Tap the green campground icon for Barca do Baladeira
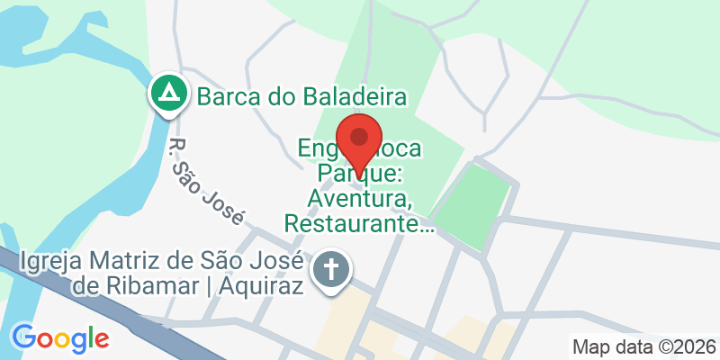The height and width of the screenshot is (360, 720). [x=168, y=93]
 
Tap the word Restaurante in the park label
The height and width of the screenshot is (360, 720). [x=359, y=221]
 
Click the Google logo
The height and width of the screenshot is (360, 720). [x=60, y=338]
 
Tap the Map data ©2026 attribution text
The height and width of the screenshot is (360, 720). [x=643, y=346]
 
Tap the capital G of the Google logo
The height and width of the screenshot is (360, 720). [x=23, y=337]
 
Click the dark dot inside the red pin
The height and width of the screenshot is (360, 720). [x=360, y=137]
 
